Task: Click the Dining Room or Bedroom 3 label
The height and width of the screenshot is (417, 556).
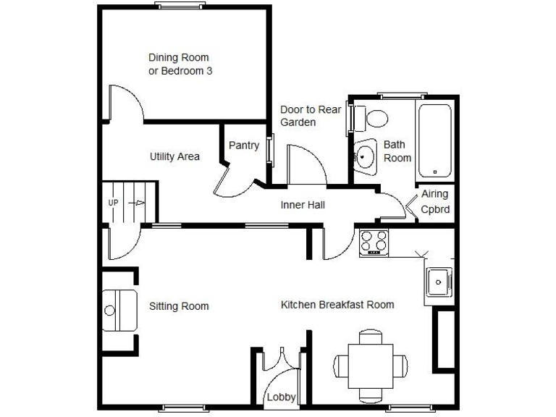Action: [179, 64]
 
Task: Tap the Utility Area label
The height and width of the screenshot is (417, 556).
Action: [174, 156]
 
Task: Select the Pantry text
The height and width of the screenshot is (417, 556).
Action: [244, 146]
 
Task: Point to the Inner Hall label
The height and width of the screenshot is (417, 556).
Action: [303, 205]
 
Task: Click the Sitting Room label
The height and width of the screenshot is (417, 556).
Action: [179, 306]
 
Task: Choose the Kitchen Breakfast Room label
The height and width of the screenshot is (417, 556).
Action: [337, 305]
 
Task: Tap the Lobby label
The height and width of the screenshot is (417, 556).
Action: [281, 397]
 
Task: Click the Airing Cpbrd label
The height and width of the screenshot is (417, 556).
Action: [435, 202]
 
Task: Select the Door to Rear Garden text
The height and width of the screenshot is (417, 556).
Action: [310, 116]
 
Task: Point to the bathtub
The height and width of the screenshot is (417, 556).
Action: [434, 140]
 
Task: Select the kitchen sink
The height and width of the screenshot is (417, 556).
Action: [438, 282]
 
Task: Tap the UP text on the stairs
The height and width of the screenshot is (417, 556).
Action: [114, 203]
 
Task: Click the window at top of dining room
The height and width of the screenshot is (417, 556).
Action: [179, 7]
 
